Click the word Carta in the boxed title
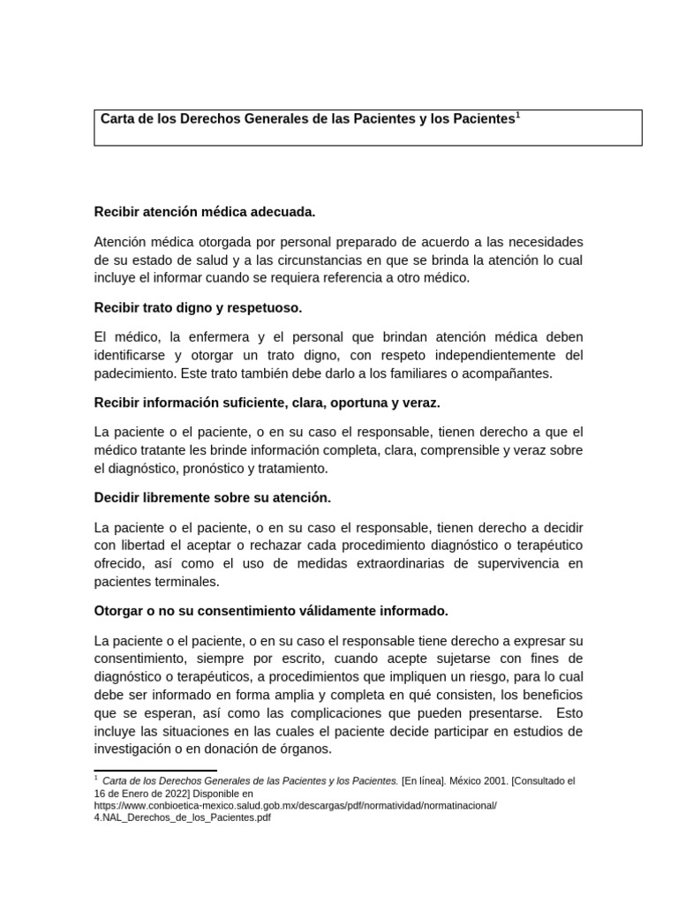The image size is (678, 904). tap(117, 118)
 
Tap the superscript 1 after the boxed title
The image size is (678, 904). tap(517, 114)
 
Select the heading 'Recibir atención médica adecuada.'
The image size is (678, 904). tap(204, 212)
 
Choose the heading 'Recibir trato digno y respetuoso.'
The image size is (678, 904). tap(198, 307)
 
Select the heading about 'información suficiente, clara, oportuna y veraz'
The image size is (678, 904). tap(267, 403)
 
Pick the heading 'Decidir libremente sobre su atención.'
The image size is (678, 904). tap(212, 498)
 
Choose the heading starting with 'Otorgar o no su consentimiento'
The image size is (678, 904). tap(271, 611)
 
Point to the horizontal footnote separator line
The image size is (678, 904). tap(142, 771)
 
